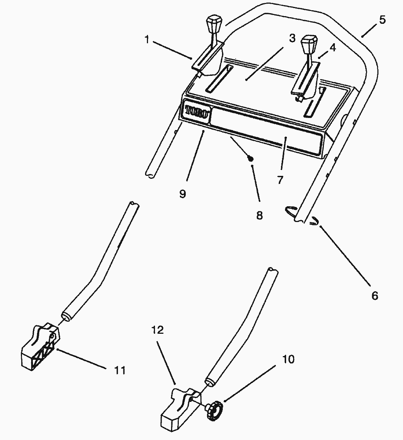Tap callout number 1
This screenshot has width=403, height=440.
pos(147,40)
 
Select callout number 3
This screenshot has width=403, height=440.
pos(292,38)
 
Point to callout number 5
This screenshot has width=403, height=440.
pos(382,20)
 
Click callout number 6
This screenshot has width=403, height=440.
pos(375,296)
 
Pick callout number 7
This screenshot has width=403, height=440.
pos(280,180)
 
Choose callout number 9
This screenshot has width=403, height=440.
pos(182,194)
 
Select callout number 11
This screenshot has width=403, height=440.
pos(120,370)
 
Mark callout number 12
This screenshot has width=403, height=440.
pos(158,330)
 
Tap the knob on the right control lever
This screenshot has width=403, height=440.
pos(309,44)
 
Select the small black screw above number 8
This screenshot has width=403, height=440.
pos(251,158)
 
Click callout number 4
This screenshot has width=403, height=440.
pos(333,48)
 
